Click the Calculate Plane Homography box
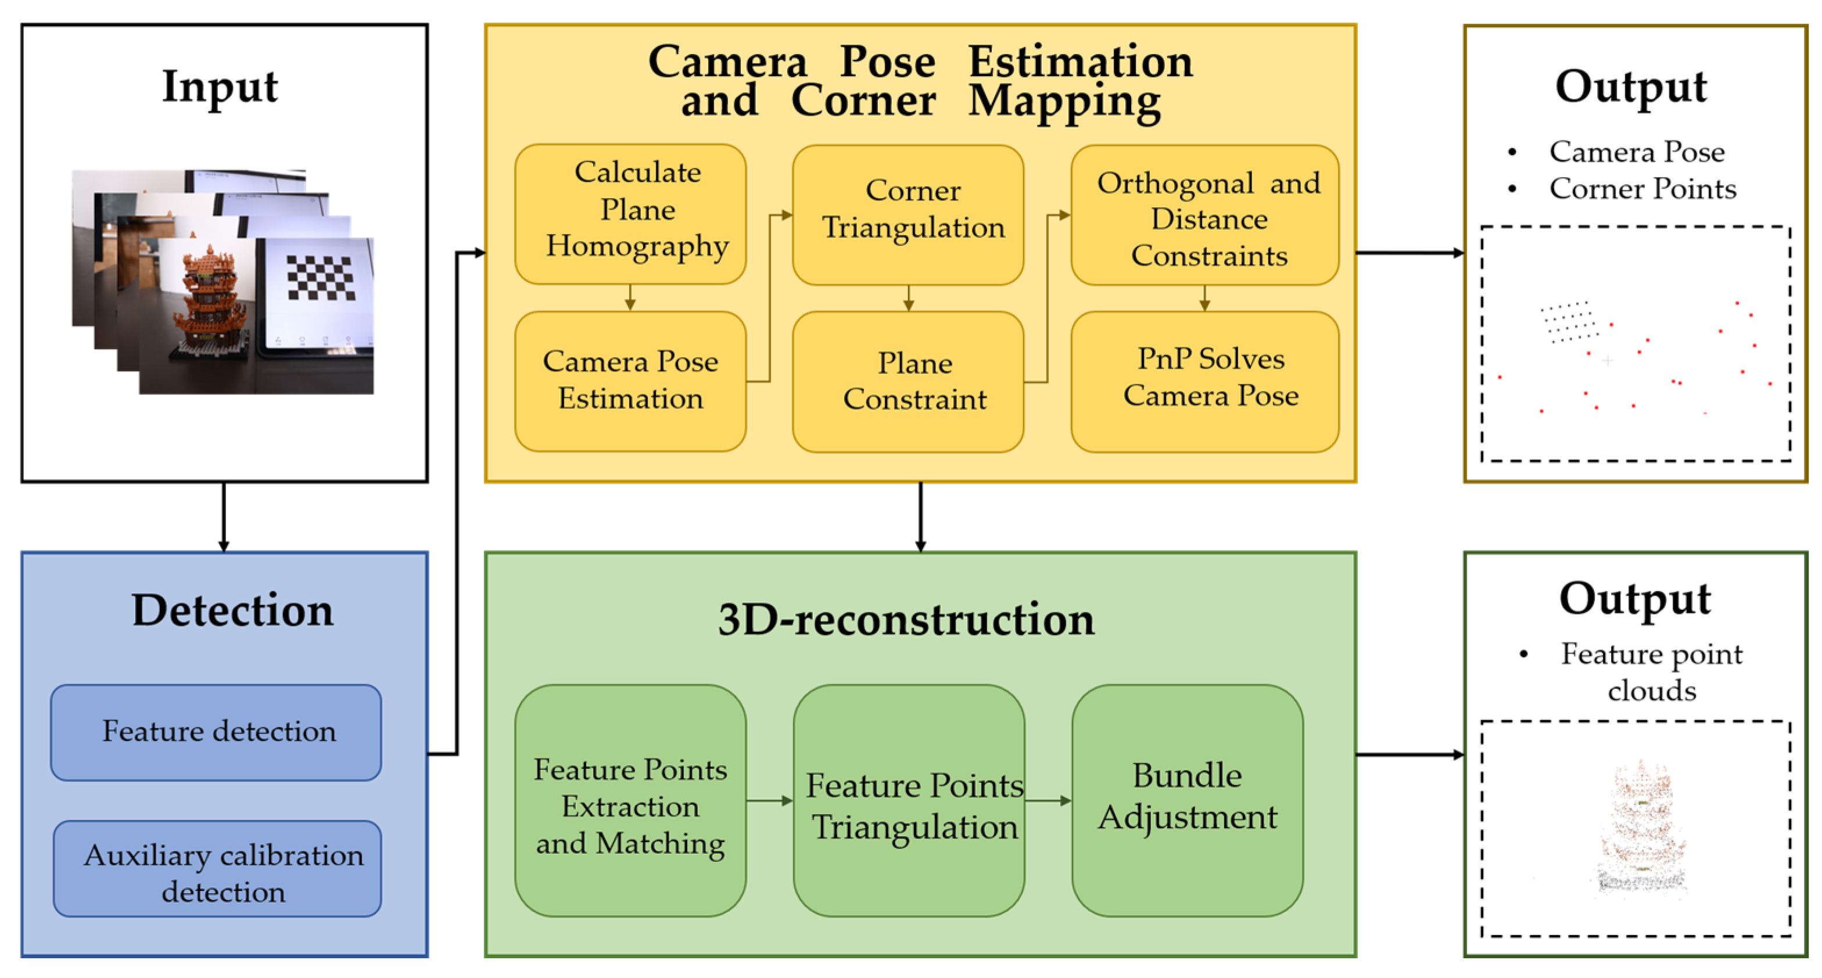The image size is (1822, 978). point(630,214)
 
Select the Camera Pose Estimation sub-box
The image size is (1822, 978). point(630,381)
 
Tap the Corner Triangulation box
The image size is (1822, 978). point(908,214)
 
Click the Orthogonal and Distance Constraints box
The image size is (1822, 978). point(1204,215)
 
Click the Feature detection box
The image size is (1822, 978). point(217,732)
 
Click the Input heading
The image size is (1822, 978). point(220,87)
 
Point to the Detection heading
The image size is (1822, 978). point(232,610)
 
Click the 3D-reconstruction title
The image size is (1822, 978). point(906,620)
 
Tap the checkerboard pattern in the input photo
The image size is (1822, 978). point(320,277)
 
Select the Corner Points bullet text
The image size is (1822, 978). point(1642,189)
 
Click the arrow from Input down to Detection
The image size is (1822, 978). point(224,516)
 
